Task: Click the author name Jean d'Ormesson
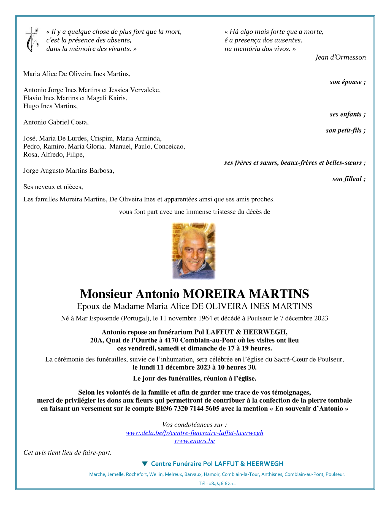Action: point(340,57)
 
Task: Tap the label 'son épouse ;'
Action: point(348,82)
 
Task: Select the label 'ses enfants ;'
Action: point(348,114)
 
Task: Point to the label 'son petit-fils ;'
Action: point(345,130)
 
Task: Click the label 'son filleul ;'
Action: point(349,179)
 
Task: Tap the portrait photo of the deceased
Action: point(194,251)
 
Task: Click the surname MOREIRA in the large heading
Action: point(214,294)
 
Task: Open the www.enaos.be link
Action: point(194,441)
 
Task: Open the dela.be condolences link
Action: point(194,433)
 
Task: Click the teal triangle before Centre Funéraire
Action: point(145,464)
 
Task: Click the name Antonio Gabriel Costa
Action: point(56,122)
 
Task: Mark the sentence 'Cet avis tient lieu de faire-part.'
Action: point(67,452)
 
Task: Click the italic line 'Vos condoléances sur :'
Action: point(194,424)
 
